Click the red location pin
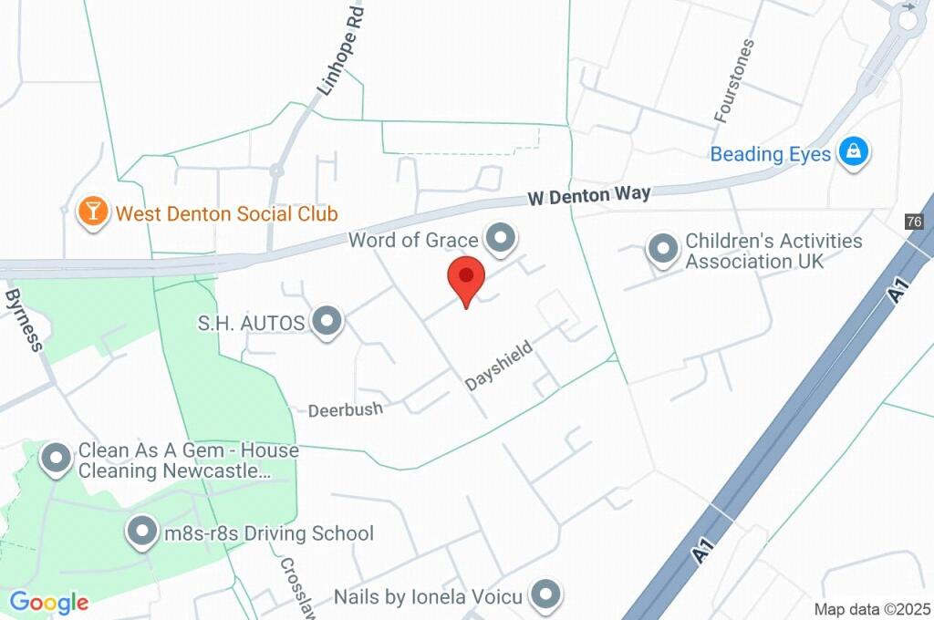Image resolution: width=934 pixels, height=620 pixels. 466,277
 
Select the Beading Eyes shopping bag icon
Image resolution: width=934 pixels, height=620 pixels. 854,152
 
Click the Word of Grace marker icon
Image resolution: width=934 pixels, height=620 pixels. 500,240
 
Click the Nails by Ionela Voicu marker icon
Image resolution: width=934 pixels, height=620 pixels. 546,596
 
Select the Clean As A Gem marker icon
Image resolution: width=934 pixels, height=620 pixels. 57,460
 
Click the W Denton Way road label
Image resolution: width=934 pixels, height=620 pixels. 591,195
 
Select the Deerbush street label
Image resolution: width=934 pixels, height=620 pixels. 345,409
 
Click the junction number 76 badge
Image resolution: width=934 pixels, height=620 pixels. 914,222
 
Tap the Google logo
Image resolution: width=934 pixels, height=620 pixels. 49,602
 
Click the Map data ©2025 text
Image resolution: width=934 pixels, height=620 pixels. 872,609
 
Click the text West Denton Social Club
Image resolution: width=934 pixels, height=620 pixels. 226,214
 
